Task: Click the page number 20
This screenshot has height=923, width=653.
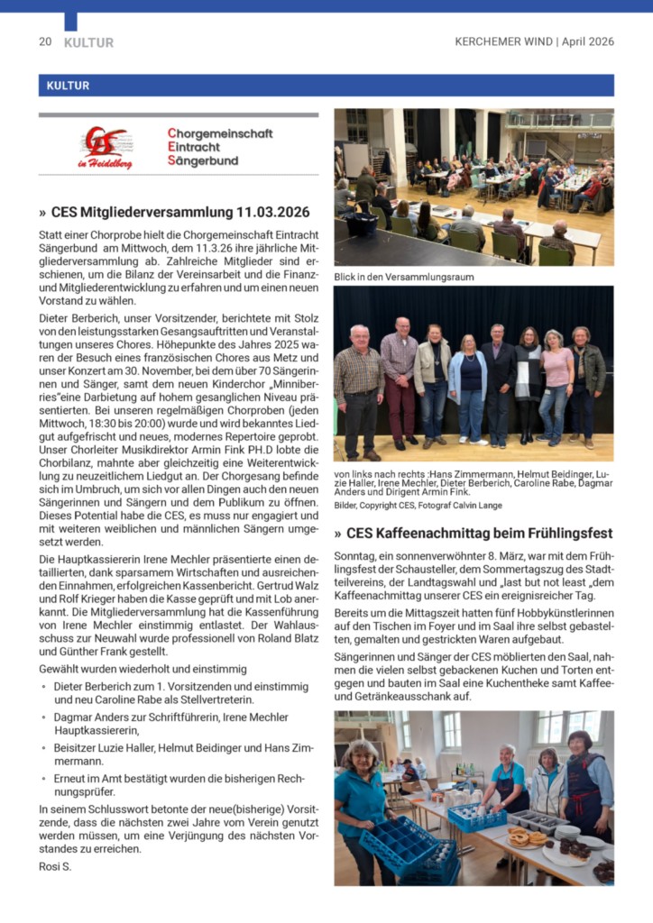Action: coord(45,42)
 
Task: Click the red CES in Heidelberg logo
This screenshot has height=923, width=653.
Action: coord(106,147)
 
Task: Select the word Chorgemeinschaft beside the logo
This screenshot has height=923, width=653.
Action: coord(220,133)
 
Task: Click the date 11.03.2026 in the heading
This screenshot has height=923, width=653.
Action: coord(268,213)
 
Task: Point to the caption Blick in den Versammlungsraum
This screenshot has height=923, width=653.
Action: coord(403,277)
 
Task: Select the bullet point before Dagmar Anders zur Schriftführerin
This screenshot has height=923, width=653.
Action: coord(44,717)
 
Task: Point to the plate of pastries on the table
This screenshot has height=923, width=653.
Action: coord(521,838)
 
